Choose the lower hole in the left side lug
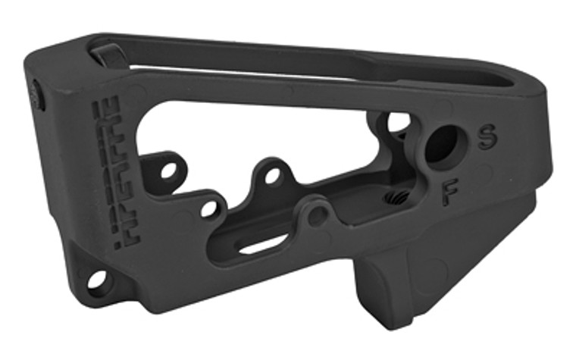coord(209,207)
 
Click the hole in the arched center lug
coord(274,177)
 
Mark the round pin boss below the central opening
coord(318,214)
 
